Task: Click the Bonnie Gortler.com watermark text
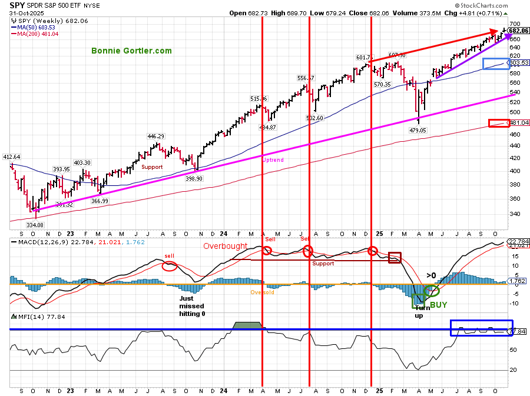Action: click(x=132, y=51)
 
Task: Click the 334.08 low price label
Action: click(x=35, y=224)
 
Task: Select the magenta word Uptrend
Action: click(x=273, y=159)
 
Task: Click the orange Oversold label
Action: click(x=262, y=292)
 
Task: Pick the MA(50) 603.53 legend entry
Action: click(x=39, y=26)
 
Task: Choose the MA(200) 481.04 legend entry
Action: click(x=39, y=34)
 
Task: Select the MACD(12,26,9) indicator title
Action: click(x=41, y=241)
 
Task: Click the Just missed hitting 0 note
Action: click(x=191, y=306)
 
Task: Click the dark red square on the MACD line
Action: click(x=395, y=258)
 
